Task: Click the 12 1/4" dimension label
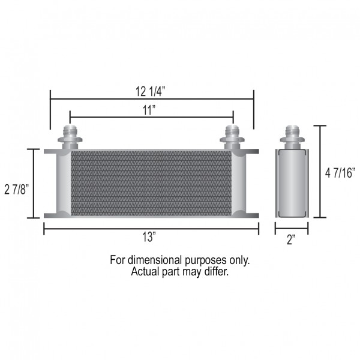coord(151,91)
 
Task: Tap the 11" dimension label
coord(149,110)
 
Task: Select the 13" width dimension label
coord(149,237)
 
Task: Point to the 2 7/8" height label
coord(17,190)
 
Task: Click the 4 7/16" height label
coord(340,173)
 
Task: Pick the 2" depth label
coord(291,239)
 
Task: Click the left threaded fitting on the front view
coord(70,137)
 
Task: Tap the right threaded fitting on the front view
coord(232,137)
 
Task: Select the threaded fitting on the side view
coord(292,137)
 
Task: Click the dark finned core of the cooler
coord(151,184)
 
